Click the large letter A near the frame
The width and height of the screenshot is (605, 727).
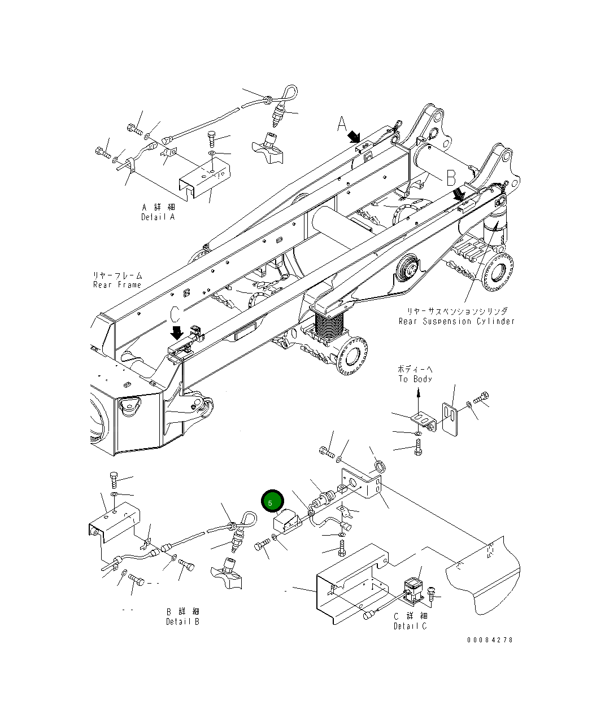[342, 124]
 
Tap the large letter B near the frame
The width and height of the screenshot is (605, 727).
[451, 178]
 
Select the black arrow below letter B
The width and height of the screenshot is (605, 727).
[460, 195]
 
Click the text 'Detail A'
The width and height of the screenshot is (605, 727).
[158, 217]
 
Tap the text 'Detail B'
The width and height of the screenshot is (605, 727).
[182, 621]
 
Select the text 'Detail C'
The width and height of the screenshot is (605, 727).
[410, 626]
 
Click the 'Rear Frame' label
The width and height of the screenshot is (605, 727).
[117, 284]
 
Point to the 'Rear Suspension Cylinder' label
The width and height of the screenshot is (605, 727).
[456, 321]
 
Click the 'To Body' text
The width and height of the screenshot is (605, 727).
[415, 379]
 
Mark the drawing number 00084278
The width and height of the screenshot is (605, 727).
[490, 640]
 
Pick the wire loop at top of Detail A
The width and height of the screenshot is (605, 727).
[288, 93]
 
